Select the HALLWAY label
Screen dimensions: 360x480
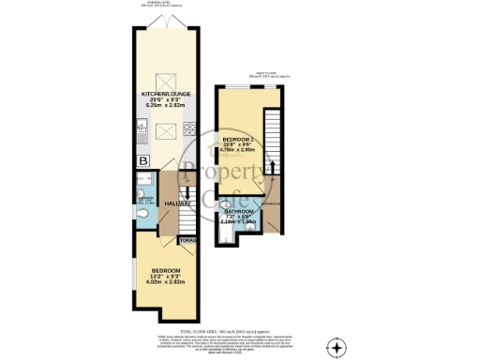coord(178,203)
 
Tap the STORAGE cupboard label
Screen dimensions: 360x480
coord(187,241)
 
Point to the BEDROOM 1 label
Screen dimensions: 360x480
coord(238,141)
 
